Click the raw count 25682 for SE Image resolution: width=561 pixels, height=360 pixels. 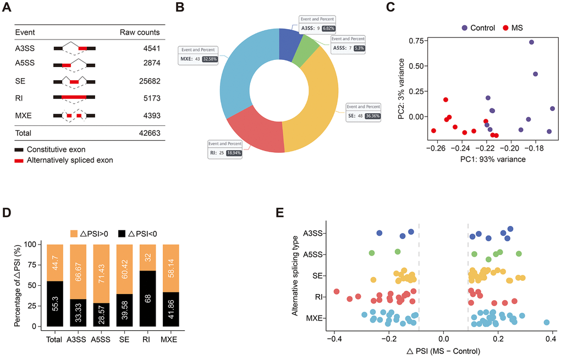click(148, 81)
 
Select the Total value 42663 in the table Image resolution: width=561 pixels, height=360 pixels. click(148, 133)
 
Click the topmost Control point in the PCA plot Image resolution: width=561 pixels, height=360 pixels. click(532, 42)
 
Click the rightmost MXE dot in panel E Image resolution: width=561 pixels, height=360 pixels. click(547, 323)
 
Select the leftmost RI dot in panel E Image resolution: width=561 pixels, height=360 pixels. click(337, 292)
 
